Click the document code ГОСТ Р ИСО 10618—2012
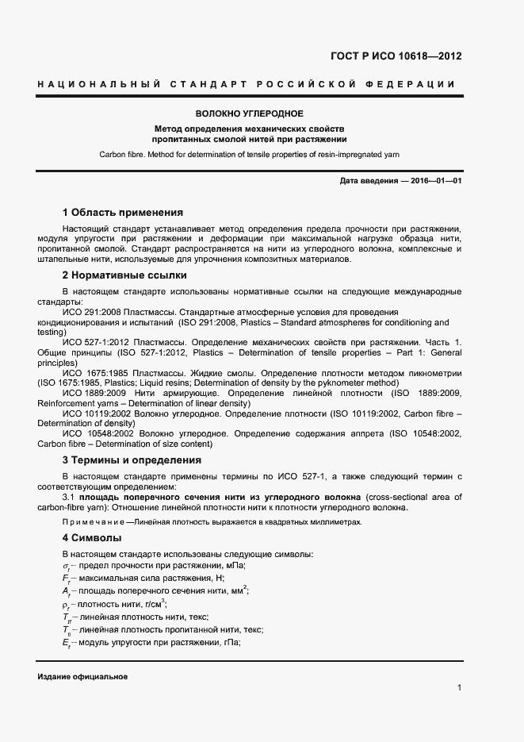point(396,56)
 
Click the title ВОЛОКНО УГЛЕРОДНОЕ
point(250,113)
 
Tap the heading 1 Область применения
point(123,213)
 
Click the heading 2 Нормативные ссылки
point(124,275)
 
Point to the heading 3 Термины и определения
point(132,459)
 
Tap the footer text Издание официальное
point(82,676)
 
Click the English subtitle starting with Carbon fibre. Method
point(250,153)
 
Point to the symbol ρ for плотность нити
point(67,604)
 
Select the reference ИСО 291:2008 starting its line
point(90,313)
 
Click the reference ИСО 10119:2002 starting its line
point(98,413)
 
